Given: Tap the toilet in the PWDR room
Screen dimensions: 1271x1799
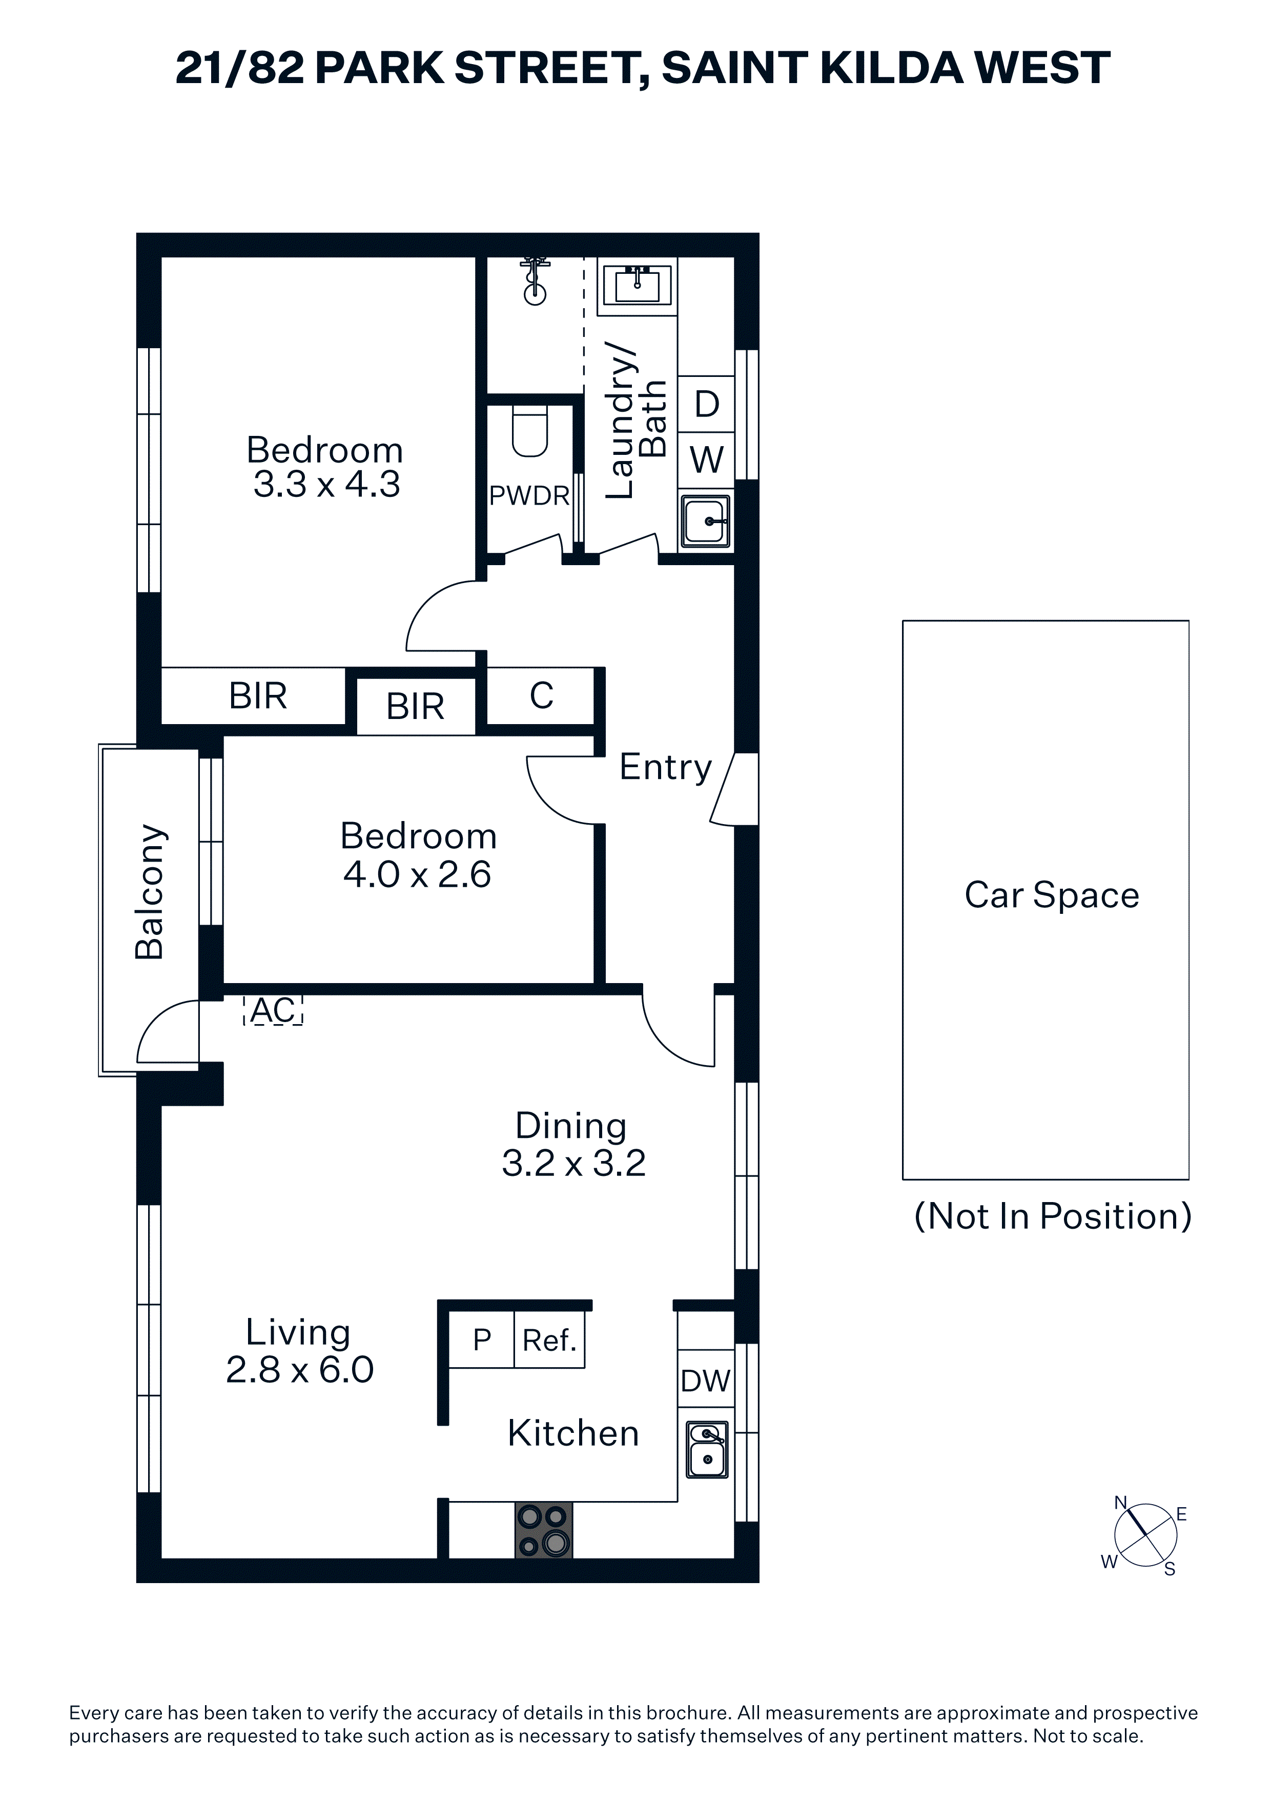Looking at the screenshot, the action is pyautogui.click(x=530, y=431).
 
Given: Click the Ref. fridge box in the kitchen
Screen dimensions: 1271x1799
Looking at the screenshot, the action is pyautogui.click(x=549, y=1341).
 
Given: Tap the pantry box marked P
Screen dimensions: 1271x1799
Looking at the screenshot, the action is pyautogui.click(x=482, y=1341).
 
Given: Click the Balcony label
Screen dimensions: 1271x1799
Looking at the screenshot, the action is pyautogui.click(x=150, y=892).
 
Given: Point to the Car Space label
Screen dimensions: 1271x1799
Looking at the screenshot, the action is pyautogui.click(x=1052, y=895).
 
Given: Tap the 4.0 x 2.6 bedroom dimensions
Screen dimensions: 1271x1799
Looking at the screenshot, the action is pyautogui.click(x=417, y=874).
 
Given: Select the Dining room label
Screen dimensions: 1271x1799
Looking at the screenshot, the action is pyautogui.click(x=571, y=1126).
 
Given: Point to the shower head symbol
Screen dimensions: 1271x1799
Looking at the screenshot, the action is pyautogui.click(x=535, y=279).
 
